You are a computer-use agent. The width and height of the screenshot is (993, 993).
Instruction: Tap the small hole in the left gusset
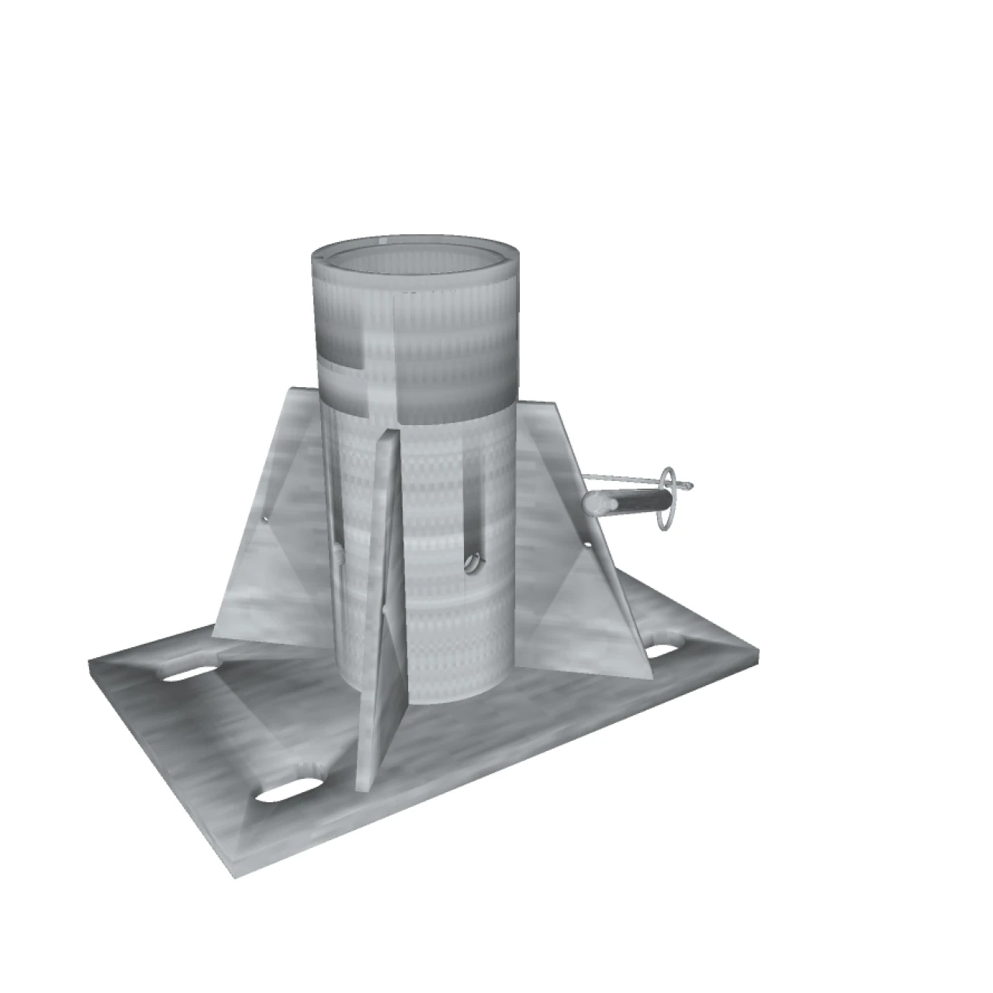265,515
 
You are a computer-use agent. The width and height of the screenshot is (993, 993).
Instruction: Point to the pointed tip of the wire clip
690,487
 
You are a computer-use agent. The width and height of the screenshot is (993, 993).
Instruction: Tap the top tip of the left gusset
291,388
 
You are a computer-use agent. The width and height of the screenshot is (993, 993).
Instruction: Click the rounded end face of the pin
592,505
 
